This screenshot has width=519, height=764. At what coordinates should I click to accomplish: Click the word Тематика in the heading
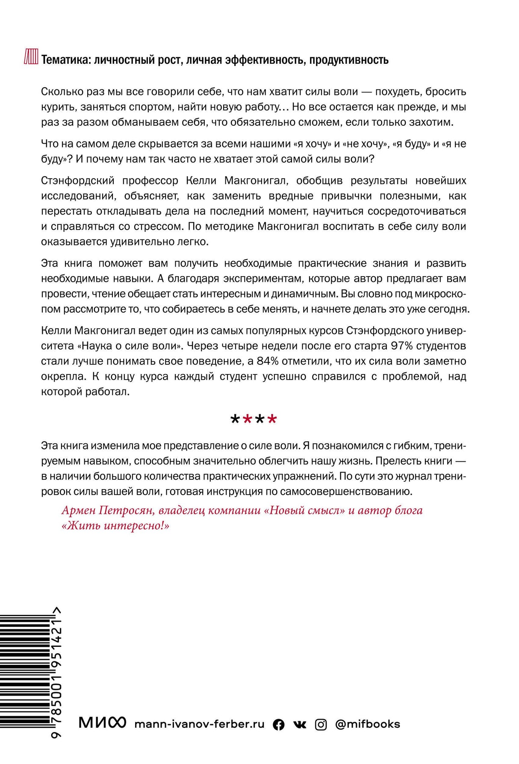click(65, 60)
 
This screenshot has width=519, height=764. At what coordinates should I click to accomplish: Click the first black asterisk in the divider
click(235, 419)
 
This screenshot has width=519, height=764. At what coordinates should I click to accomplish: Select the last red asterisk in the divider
click(272, 419)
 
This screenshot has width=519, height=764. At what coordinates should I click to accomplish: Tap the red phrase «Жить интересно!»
click(115, 525)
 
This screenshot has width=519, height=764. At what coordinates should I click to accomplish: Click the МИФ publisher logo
click(102, 723)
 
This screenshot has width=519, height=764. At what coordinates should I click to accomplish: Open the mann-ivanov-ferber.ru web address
click(199, 724)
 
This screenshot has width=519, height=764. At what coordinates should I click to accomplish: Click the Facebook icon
click(278, 724)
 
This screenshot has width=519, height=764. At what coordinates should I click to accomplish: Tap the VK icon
click(300, 724)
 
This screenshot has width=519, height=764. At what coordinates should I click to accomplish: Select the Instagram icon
click(321, 724)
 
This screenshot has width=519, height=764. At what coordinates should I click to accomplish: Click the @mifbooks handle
click(368, 724)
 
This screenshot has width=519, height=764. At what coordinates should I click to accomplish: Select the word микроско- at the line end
click(440, 294)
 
